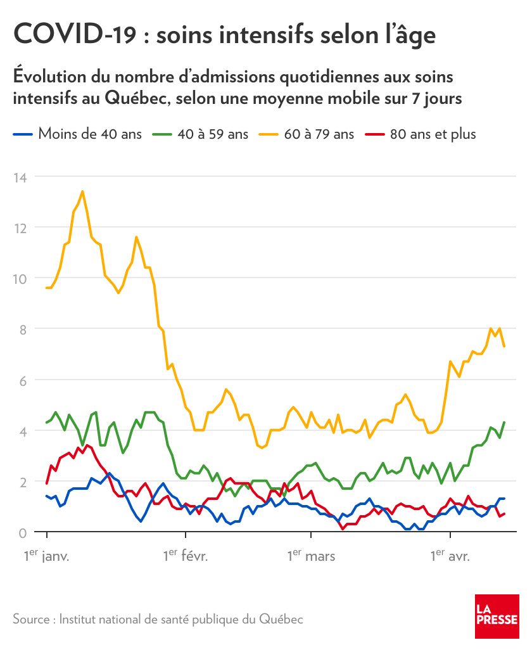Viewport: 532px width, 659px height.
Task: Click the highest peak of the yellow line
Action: tap(82, 191)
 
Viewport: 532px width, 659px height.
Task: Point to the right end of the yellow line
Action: tap(504, 346)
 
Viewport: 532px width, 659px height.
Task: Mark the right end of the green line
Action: tap(504, 422)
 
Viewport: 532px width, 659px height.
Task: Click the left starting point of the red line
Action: tap(47, 483)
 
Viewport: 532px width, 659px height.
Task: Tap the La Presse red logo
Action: tap(497, 617)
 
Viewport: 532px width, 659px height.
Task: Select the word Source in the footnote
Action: tap(31, 619)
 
